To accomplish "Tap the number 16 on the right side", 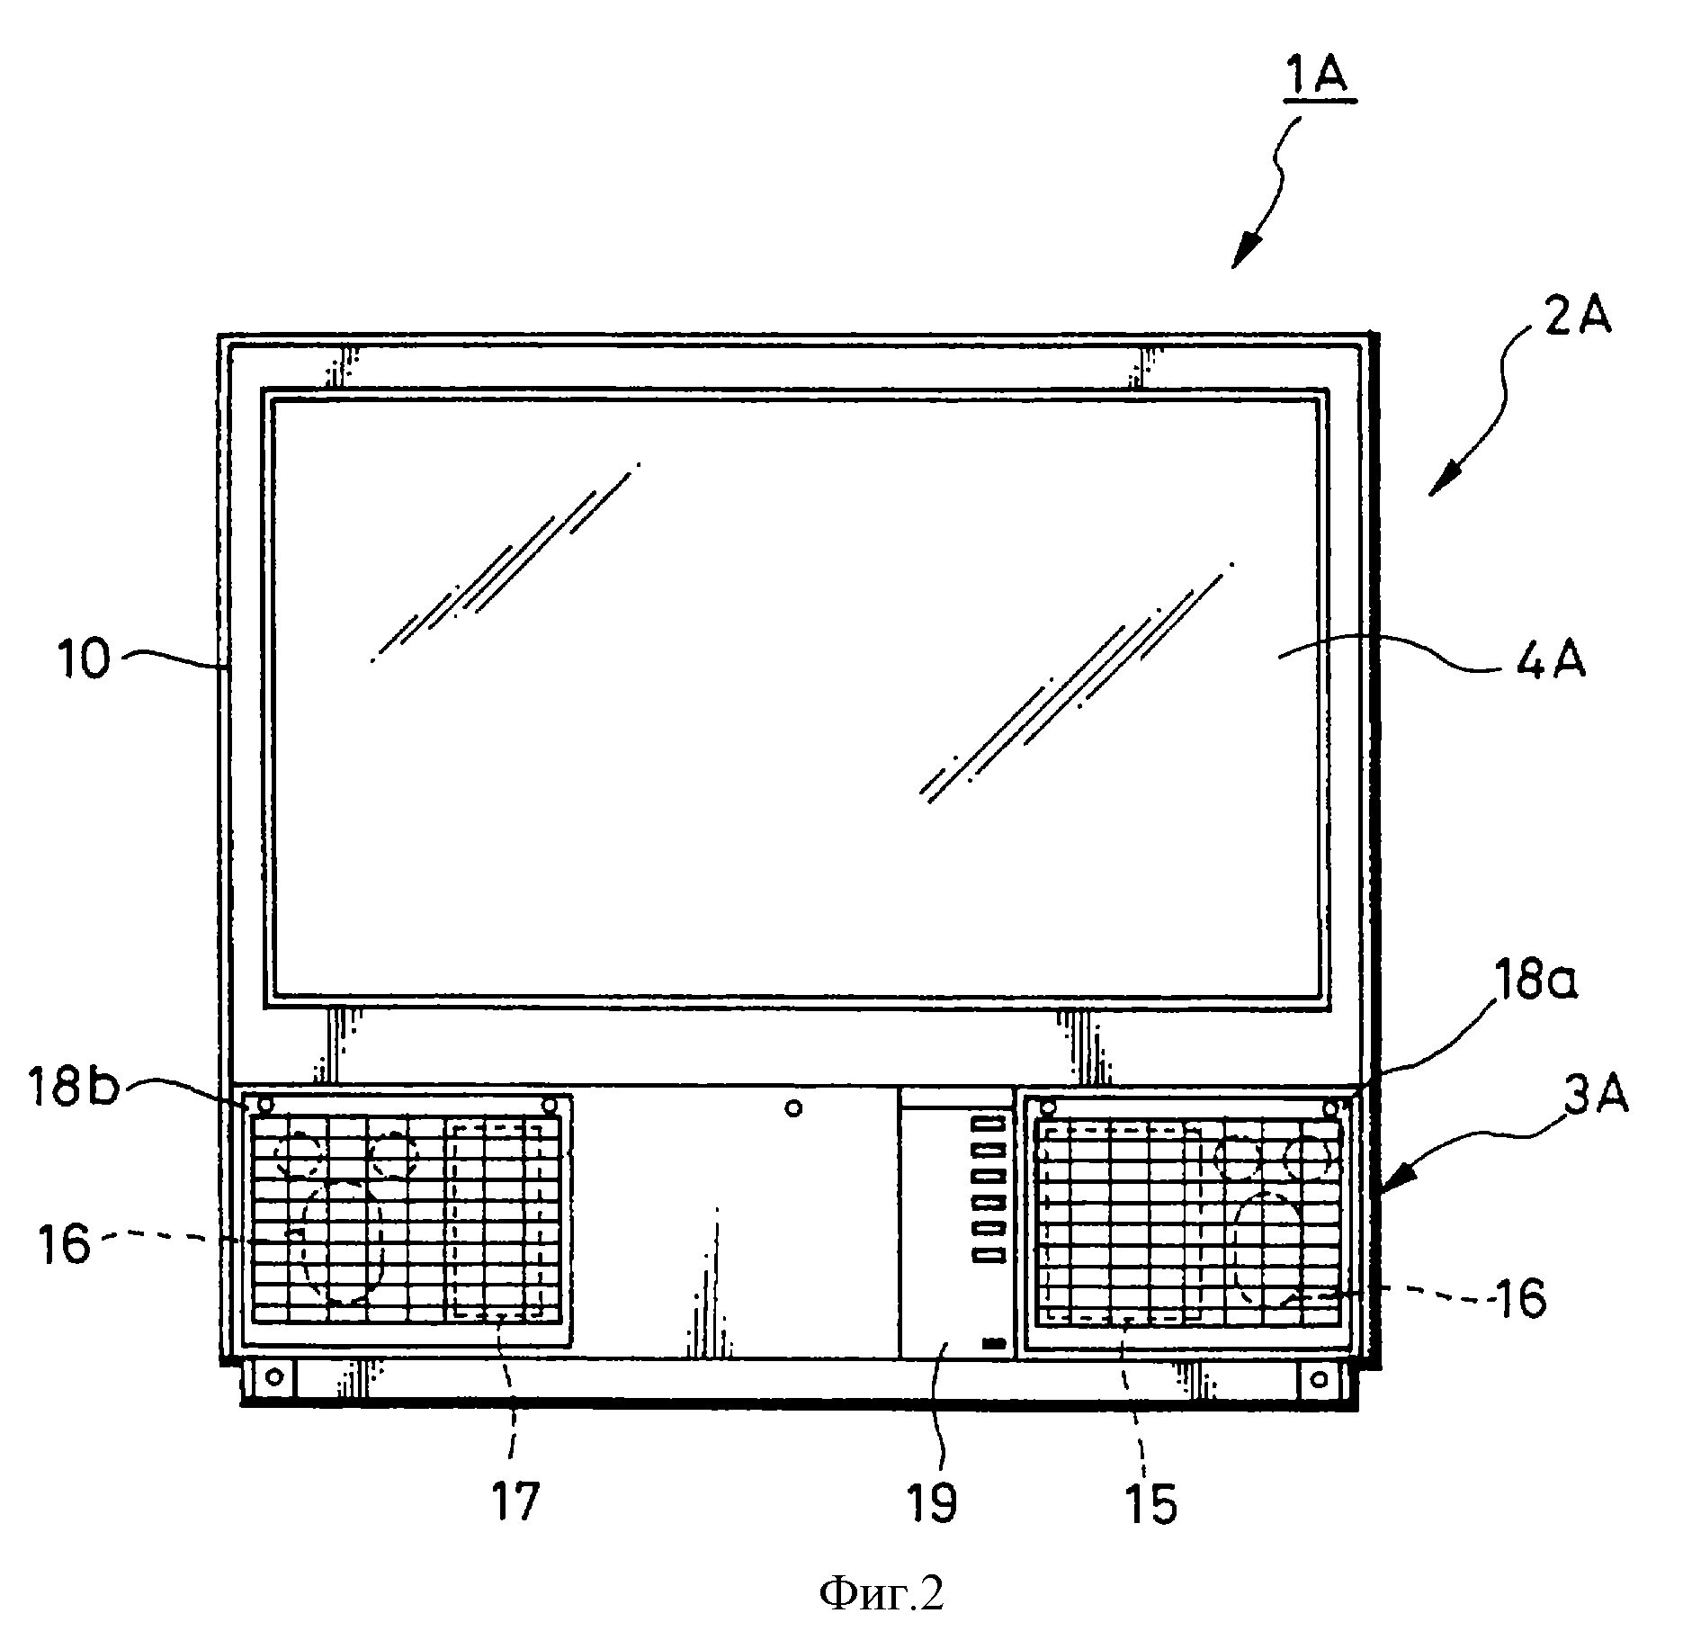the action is click(1518, 1300).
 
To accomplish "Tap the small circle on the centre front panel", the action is click(793, 1108).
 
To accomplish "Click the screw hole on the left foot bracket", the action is click(275, 1376).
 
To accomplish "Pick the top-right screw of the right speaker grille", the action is click(1330, 1107).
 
